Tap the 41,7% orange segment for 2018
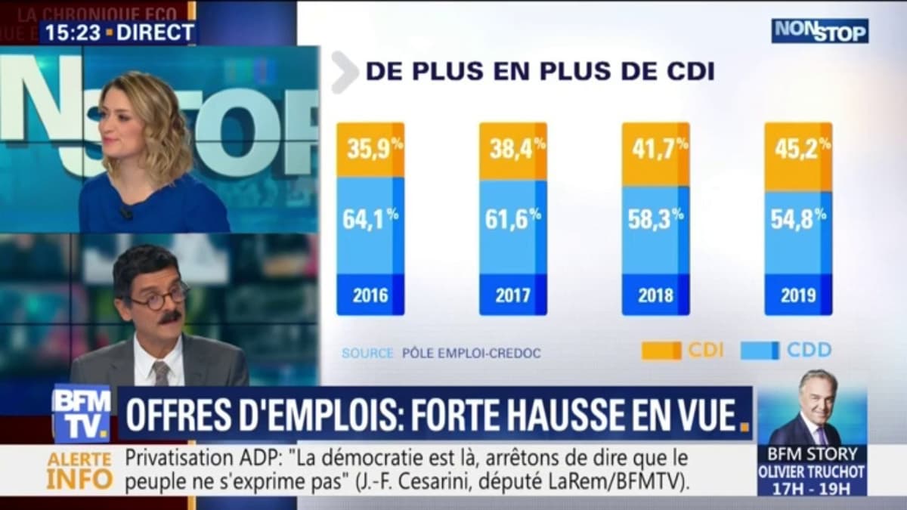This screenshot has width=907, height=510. (655, 154)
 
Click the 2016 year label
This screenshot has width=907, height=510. (370, 295)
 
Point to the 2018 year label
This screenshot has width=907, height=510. (655, 295)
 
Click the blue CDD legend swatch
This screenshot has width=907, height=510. (760, 351)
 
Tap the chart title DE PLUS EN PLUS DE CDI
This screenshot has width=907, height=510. (540, 71)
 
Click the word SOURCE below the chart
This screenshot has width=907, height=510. (367, 353)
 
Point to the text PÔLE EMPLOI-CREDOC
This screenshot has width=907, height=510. (471, 353)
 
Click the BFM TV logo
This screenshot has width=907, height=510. (81, 414)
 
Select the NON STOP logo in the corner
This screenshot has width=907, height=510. (819, 30)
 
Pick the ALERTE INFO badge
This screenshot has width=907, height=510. (79, 470)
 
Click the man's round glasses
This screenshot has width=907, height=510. (158, 295)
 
